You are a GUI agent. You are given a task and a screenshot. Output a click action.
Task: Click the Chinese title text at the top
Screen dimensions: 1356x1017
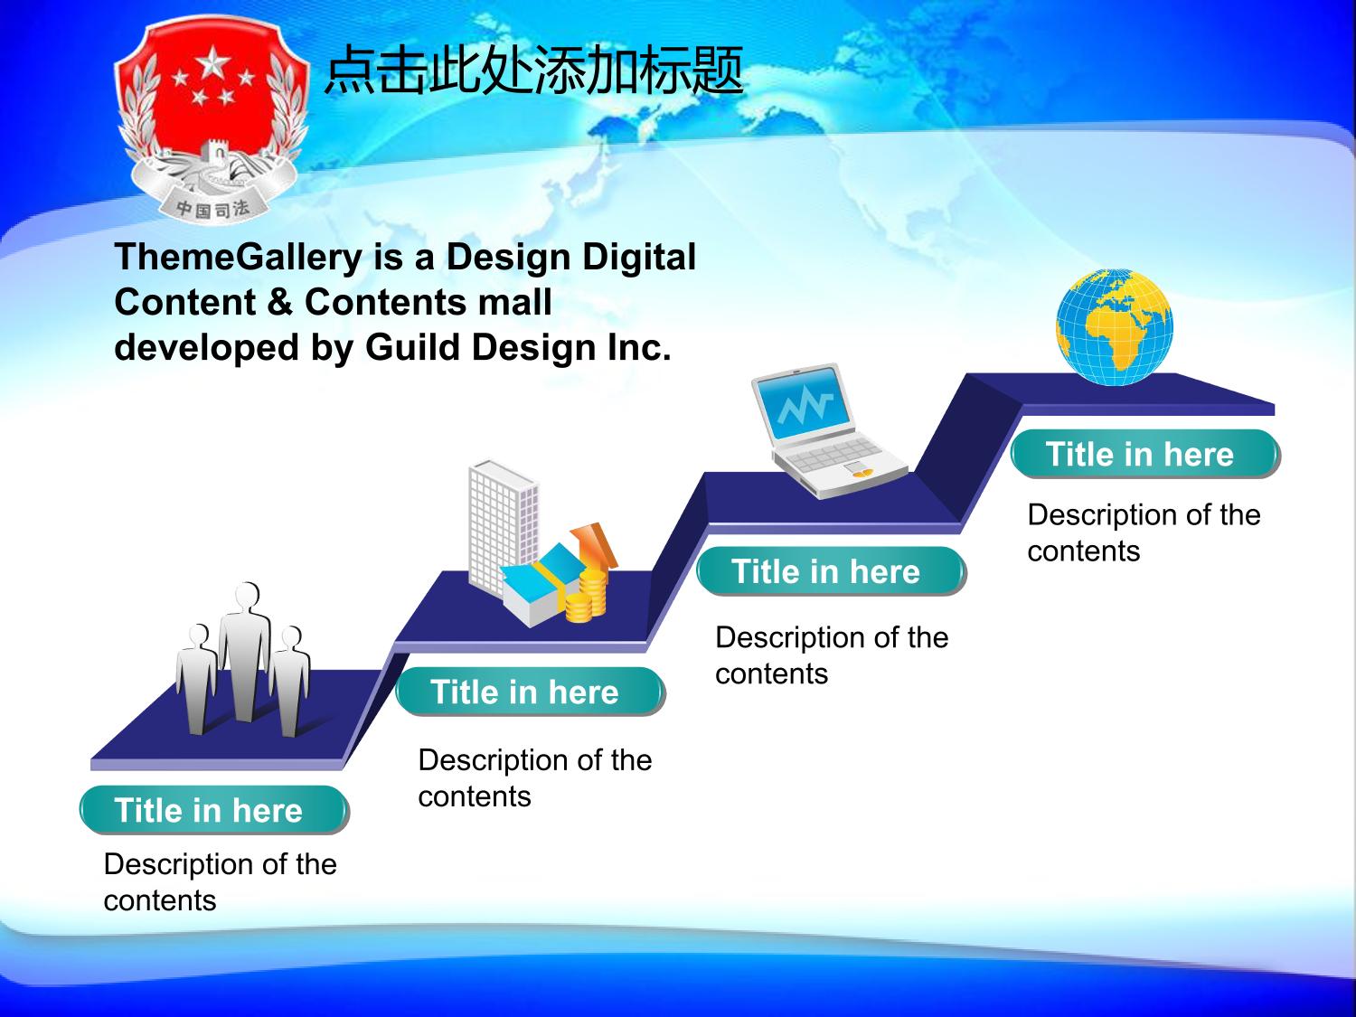[x=534, y=71]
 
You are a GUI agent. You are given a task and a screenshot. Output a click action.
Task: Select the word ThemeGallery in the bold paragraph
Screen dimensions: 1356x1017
[x=239, y=257]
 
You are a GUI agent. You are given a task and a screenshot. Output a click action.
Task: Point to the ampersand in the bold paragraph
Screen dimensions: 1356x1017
[x=280, y=302]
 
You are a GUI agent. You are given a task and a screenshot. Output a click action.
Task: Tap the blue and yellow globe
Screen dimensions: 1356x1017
[x=1115, y=326]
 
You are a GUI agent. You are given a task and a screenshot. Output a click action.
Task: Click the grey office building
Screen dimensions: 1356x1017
[x=503, y=527]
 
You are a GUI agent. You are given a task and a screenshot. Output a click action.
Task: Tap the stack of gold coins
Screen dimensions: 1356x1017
[x=587, y=597]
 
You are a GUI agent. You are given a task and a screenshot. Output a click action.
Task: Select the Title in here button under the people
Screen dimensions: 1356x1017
[x=214, y=810]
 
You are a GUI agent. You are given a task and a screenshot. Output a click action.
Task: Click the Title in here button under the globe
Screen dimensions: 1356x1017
[x=1145, y=454]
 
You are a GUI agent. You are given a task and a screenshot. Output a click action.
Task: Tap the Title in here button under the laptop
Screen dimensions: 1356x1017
[x=832, y=571]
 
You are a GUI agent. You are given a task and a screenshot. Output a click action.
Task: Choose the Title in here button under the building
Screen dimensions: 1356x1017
[x=530, y=692]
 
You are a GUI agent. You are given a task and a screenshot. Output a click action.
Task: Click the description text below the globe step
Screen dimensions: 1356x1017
[x=1144, y=532]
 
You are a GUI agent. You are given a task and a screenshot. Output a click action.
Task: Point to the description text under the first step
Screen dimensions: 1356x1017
[x=220, y=881]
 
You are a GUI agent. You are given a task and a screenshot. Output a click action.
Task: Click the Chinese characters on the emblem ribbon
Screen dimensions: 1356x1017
[x=212, y=209]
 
